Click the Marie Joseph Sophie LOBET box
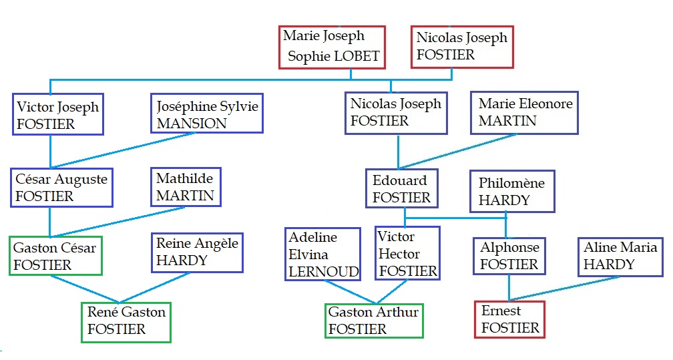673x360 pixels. click(x=332, y=47)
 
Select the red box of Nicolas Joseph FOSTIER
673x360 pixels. click(x=462, y=47)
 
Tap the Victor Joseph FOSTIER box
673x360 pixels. click(x=57, y=116)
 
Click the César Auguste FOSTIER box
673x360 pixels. click(x=62, y=188)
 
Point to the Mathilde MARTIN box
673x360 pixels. click(x=186, y=187)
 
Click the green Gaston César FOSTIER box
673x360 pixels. click(x=55, y=256)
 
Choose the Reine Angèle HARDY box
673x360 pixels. click(x=197, y=252)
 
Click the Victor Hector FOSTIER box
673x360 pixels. click(x=407, y=254)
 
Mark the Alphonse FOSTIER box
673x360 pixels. click(x=509, y=256)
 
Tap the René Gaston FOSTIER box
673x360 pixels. click(x=126, y=321)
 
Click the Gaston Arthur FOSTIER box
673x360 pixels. click(x=374, y=321)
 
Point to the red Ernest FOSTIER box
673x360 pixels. click(x=510, y=319)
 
